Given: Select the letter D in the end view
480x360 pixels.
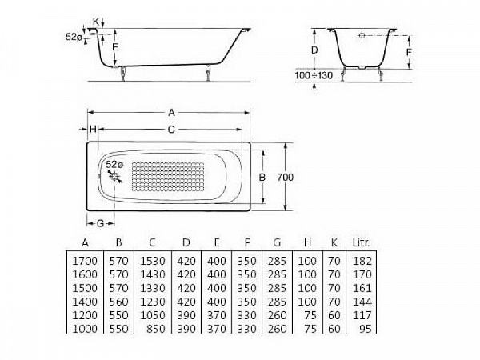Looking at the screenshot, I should point(314,50).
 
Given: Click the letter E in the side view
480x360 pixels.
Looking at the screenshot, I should point(115,48).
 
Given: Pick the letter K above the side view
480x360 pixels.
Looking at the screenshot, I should point(97,20).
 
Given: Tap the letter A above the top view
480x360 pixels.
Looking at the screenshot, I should point(170,113).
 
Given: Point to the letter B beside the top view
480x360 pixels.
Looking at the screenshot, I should point(261,175).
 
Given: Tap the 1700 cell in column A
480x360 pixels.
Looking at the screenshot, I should point(85,261).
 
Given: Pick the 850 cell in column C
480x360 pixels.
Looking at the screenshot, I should point(156,328).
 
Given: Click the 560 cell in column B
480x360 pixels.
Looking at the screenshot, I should point(118,301).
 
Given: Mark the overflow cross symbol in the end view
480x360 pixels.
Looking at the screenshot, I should point(362,36).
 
